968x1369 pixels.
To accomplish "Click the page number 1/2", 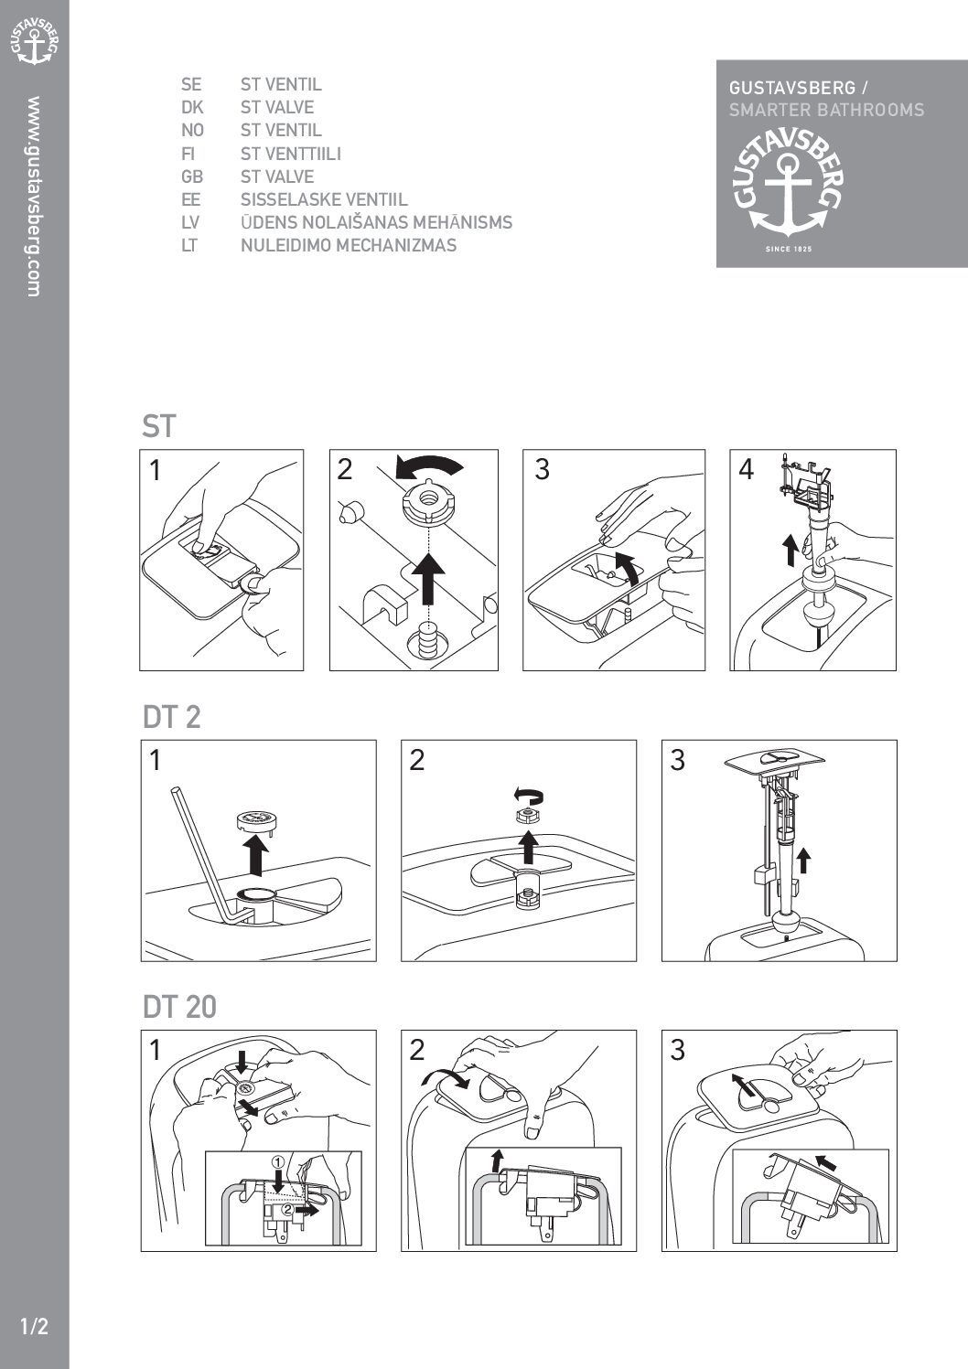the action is [34, 1326].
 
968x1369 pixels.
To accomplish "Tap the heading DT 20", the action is [179, 1007].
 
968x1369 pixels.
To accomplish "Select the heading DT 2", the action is [171, 716].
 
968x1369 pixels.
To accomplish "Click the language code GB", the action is [192, 176].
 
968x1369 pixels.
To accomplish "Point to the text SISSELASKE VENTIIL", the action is [324, 200].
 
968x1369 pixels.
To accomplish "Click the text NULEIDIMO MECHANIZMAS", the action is [349, 246].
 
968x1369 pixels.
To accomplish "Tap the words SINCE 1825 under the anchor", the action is [789, 250].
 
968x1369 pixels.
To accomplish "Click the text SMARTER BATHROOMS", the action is [827, 110].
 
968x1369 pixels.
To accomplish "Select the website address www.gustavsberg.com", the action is [34, 197].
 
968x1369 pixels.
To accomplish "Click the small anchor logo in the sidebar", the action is [34, 41].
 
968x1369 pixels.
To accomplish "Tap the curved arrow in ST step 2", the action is [429, 466].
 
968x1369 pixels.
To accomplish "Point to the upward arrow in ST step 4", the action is [791, 549].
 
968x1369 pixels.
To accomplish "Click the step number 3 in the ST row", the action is [542, 469].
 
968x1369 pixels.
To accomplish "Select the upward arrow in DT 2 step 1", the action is [256, 856].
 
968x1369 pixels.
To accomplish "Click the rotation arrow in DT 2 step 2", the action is [528, 796].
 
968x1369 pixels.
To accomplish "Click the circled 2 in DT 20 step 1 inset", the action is [286, 1208].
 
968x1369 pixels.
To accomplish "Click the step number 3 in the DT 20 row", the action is [678, 1050].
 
